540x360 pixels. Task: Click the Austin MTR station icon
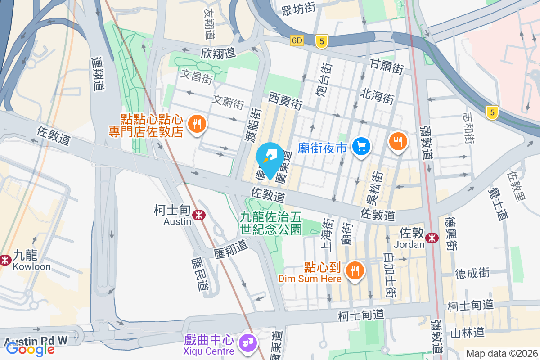point(198,215)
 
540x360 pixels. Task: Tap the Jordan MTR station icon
point(432,238)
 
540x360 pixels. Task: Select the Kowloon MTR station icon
point(5,260)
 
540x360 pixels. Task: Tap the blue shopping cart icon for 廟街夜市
point(361,146)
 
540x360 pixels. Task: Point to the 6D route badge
point(297,40)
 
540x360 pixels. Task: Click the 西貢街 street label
point(285,101)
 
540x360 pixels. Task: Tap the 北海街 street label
point(377,96)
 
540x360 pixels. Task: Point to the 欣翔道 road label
point(219,53)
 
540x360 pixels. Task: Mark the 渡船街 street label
point(254,123)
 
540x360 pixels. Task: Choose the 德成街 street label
point(472,273)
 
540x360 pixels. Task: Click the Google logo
point(30,348)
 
